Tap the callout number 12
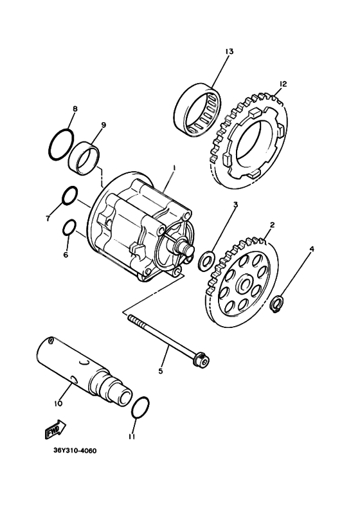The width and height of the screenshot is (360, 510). (x=283, y=84)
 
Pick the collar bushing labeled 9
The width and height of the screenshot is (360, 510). (x=85, y=158)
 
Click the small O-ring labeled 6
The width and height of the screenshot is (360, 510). (x=69, y=228)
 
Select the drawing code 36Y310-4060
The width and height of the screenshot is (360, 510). (x=75, y=451)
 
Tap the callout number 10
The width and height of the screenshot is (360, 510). (x=57, y=403)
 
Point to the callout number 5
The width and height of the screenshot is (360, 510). (x=161, y=370)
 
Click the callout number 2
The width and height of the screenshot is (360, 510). (x=272, y=225)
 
